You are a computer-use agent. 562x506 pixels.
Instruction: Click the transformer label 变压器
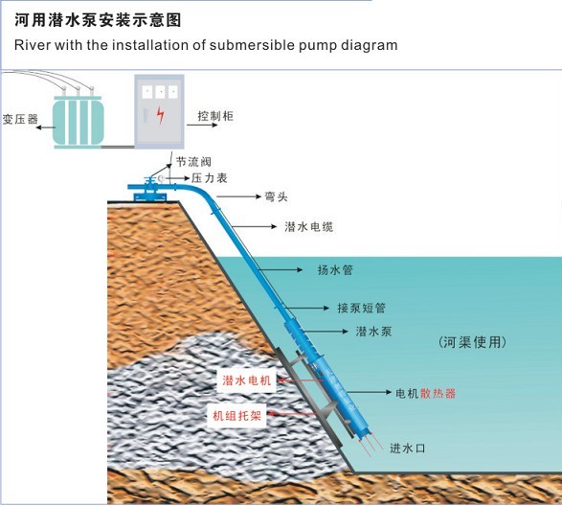[20, 119]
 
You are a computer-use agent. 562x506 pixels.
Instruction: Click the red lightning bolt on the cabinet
[161, 115]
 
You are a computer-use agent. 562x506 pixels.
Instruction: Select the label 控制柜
[215, 116]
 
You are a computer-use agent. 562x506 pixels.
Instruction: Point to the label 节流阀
[193, 162]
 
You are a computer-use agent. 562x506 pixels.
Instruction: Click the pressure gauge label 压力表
[210, 178]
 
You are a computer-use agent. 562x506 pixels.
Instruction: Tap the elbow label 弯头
[276, 196]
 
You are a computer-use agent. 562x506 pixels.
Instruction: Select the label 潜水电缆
[309, 227]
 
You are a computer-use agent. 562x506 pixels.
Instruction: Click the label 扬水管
[335, 270]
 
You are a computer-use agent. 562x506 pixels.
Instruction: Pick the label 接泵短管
[361, 308]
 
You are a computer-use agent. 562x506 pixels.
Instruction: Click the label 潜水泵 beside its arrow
[373, 332]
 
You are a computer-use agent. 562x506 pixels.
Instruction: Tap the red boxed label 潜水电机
[247, 380]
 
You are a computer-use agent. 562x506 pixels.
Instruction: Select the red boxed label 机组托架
[236, 416]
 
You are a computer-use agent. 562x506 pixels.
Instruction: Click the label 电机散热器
[426, 393]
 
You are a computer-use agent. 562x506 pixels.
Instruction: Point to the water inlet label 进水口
[408, 448]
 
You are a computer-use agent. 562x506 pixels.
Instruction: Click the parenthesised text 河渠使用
[472, 342]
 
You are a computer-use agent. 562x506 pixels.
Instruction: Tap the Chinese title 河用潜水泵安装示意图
[98, 20]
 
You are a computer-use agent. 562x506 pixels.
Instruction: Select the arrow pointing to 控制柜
[202, 125]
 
